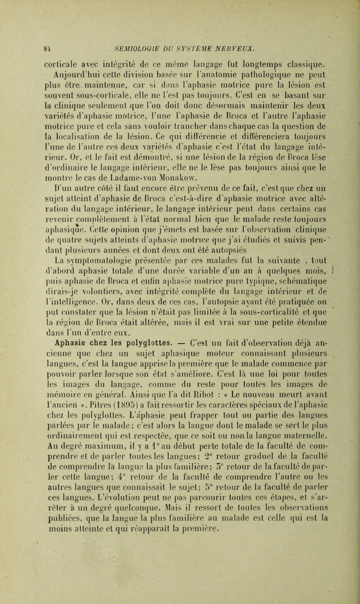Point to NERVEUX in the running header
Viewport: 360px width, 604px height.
coord(242,44)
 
